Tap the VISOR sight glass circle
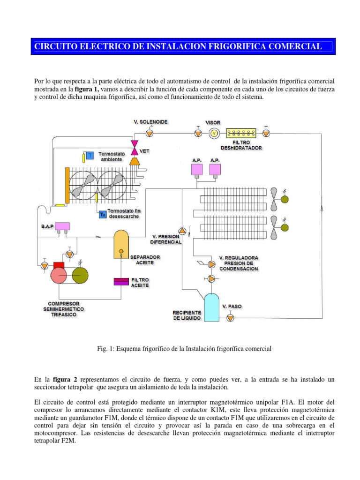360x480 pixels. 214,134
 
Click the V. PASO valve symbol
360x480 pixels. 230,318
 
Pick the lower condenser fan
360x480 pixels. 281,227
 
